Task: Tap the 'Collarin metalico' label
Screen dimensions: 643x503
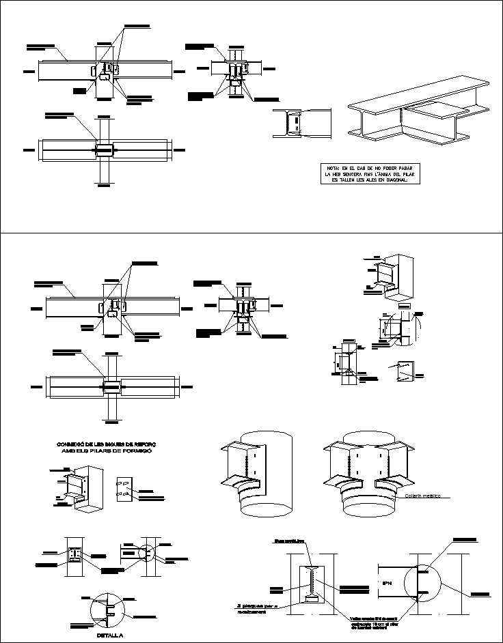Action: pos(424,496)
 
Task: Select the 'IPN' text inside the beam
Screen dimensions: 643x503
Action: pos(388,584)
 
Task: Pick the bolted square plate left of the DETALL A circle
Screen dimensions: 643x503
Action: pos(74,556)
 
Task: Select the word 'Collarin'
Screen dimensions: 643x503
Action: pos(414,496)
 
